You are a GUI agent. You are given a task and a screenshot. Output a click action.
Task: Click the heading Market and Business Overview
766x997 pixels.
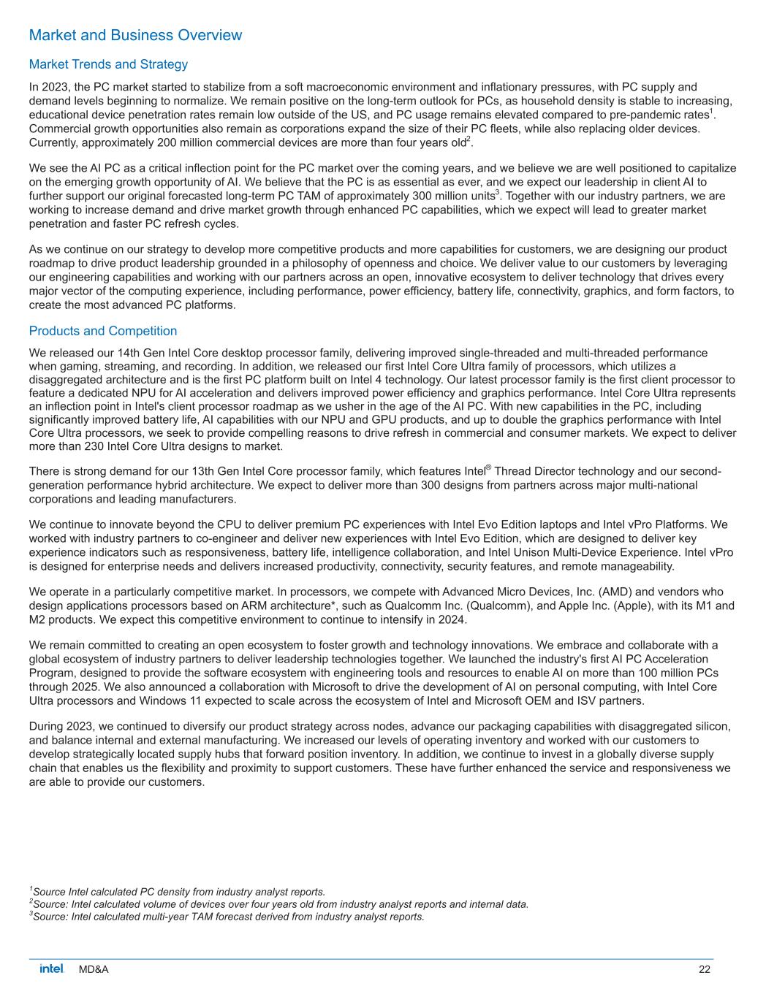[135, 35]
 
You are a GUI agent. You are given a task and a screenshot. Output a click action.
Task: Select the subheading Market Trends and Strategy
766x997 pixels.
[108, 64]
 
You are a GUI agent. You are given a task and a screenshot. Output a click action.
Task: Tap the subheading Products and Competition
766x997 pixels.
[103, 331]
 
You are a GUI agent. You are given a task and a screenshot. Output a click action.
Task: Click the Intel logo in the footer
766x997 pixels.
[52, 969]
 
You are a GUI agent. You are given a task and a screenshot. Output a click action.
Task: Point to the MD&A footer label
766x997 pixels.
[94, 969]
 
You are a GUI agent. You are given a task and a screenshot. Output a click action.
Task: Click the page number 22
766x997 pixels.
[705, 969]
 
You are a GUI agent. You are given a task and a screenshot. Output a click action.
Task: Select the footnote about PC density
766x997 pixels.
[177, 892]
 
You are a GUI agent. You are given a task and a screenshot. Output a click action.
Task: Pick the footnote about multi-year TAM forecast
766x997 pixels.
[227, 917]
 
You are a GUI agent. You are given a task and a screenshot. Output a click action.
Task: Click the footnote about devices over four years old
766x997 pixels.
[278, 904]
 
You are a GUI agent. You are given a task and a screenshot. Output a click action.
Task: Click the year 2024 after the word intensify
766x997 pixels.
[452, 619]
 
